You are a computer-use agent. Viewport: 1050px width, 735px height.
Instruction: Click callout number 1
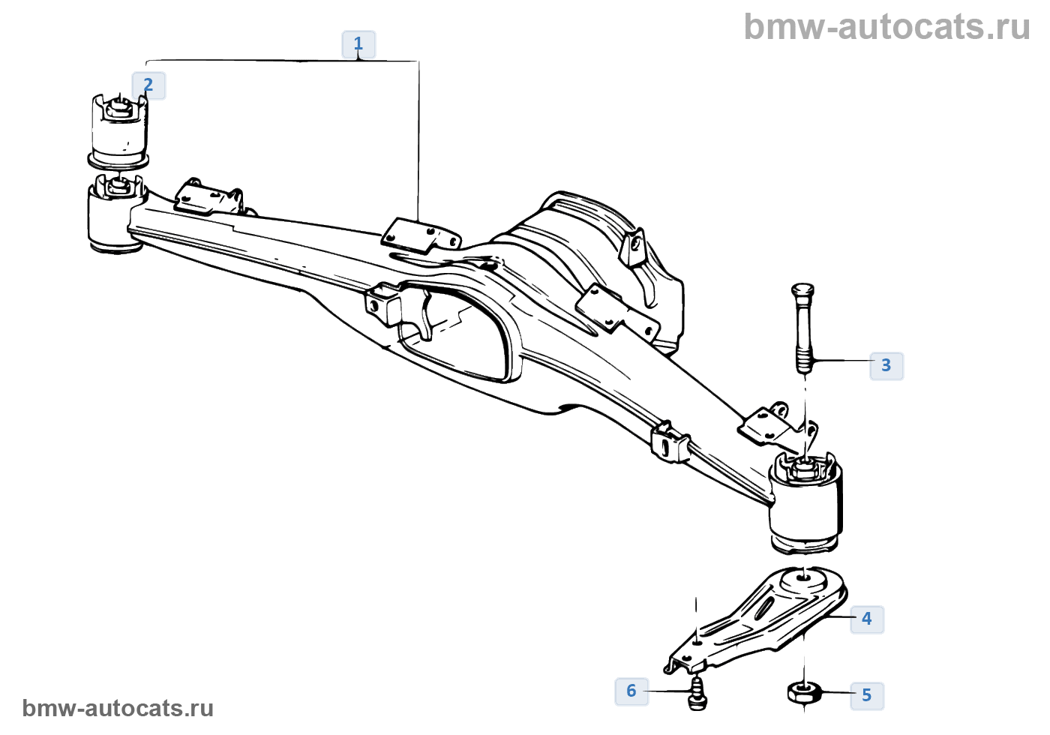click(358, 44)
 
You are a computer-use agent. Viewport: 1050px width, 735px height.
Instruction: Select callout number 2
click(148, 85)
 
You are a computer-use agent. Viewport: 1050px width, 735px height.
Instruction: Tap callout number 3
click(886, 365)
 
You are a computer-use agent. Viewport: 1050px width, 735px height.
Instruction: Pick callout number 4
click(866, 619)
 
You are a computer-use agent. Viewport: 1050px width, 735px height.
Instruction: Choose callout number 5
click(866, 695)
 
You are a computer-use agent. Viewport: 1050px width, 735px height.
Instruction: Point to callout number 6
click(631, 691)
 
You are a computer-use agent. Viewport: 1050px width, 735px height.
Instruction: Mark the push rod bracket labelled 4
click(757, 619)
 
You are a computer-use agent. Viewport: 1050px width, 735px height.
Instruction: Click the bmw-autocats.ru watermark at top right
click(886, 27)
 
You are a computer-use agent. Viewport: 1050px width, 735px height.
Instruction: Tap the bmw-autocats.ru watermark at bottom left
click(118, 708)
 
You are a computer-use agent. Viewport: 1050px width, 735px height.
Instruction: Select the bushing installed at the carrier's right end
click(806, 499)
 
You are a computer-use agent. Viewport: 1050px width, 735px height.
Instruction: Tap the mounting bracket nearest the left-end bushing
click(208, 197)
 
